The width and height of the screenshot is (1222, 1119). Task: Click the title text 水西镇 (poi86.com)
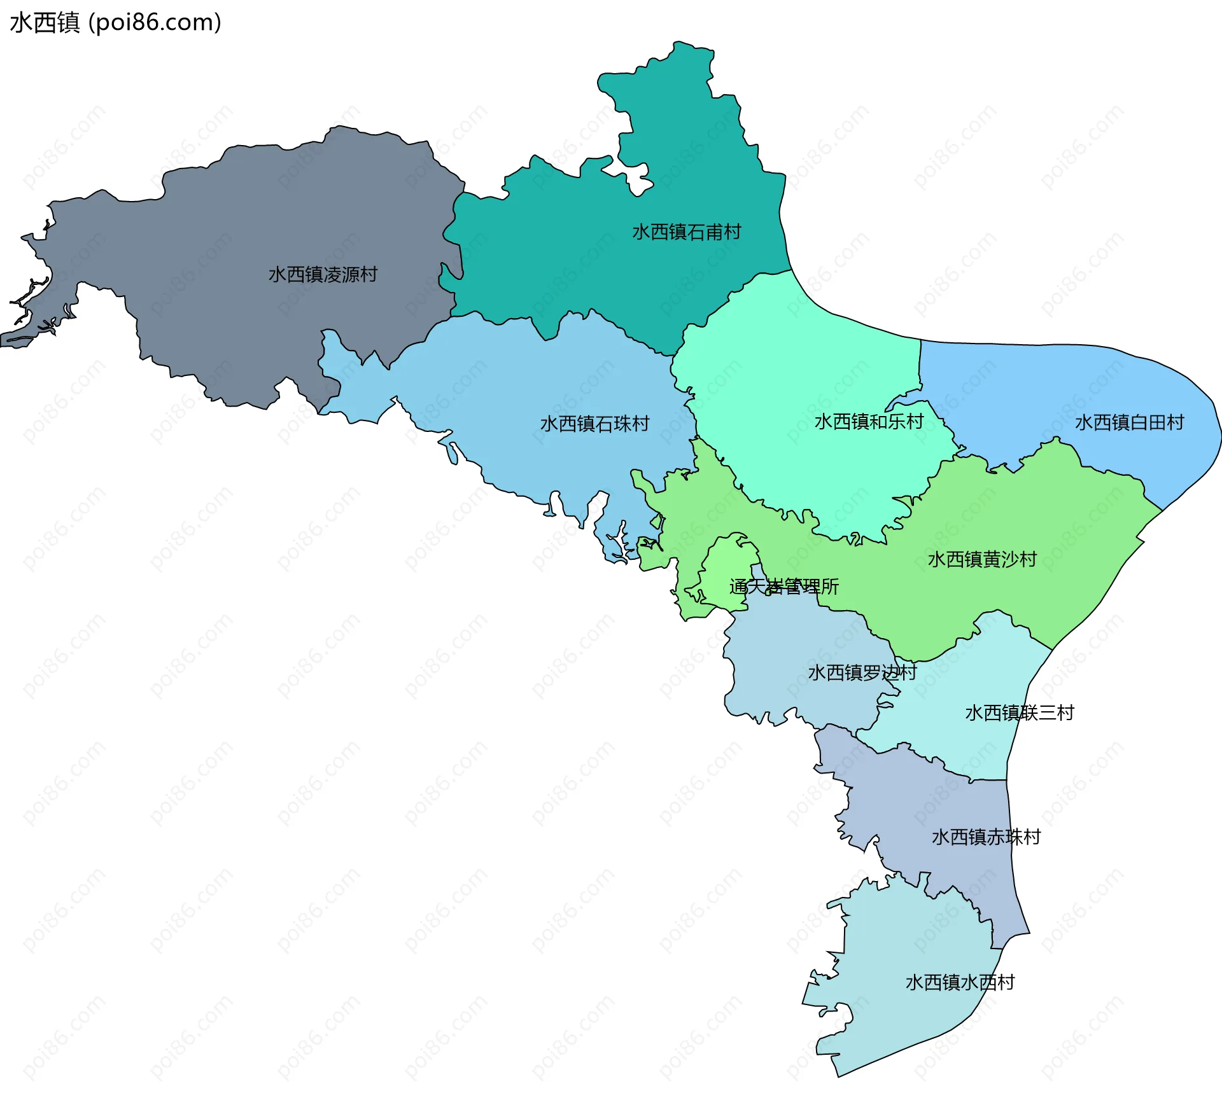(115, 22)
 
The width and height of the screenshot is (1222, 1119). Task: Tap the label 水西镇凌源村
(323, 275)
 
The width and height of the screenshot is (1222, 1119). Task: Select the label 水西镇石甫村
(686, 232)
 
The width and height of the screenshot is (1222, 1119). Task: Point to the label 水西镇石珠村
(594, 424)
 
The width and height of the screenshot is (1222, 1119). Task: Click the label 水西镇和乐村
(869, 422)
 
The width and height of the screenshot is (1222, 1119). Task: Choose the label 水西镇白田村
(1129, 422)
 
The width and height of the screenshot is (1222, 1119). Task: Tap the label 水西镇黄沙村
(982, 560)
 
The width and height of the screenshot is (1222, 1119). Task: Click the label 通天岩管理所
(783, 587)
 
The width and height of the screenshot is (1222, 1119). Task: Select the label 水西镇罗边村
(862, 673)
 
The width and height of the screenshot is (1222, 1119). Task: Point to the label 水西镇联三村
(1019, 713)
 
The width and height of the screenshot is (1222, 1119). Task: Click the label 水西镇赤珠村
(986, 837)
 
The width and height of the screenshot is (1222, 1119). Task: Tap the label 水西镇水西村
(960, 983)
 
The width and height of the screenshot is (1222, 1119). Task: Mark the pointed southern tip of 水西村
(839, 1075)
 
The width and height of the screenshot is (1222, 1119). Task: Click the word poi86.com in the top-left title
(155, 22)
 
